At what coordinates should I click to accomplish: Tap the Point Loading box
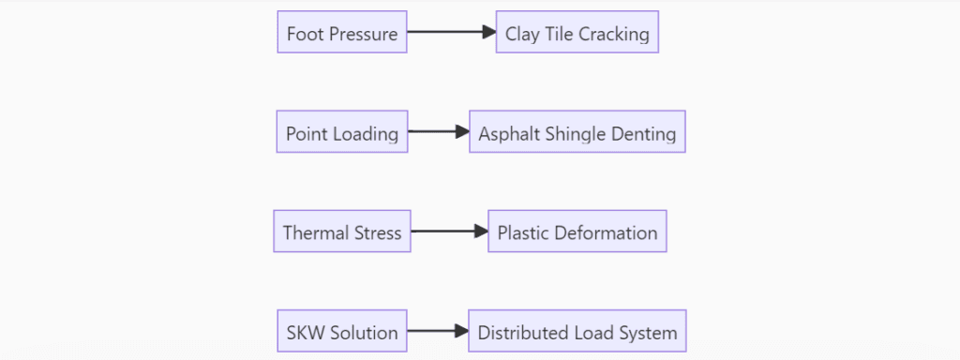tap(342, 132)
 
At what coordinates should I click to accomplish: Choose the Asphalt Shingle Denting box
tap(577, 132)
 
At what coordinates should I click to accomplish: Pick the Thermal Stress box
tap(342, 232)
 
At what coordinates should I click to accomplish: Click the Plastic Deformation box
tap(577, 232)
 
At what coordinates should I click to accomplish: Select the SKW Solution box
tap(342, 332)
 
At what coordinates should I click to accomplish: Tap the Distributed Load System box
tap(577, 332)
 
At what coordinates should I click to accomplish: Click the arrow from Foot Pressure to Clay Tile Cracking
tap(451, 32)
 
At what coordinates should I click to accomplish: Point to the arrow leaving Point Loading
tap(438, 132)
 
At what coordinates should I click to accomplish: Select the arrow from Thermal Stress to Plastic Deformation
tap(449, 232)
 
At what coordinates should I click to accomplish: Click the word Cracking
tap(614, 35)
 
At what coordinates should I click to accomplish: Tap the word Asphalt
tap(507, 134)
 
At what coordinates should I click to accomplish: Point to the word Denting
tap(643, 134)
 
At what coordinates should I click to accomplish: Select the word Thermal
tap(313, 232)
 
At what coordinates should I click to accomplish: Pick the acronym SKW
tap(305, 333)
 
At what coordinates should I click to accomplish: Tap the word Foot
tap(305, 35)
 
